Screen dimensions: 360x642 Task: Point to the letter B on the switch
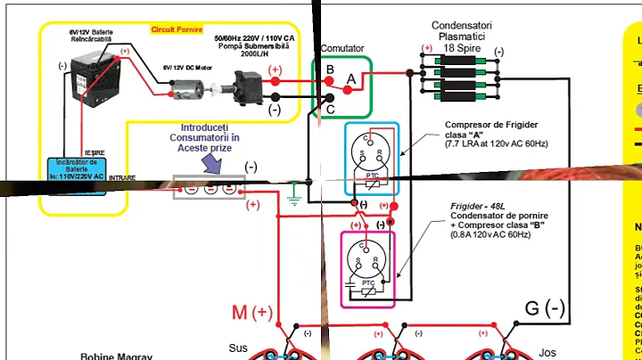coord(330,70)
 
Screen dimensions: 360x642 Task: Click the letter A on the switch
coord(350,79)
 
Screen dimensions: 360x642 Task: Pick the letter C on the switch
coord(330,110)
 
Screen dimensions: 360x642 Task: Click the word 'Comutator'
coord(342,48)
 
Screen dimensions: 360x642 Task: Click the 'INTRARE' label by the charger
coord(122,178)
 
